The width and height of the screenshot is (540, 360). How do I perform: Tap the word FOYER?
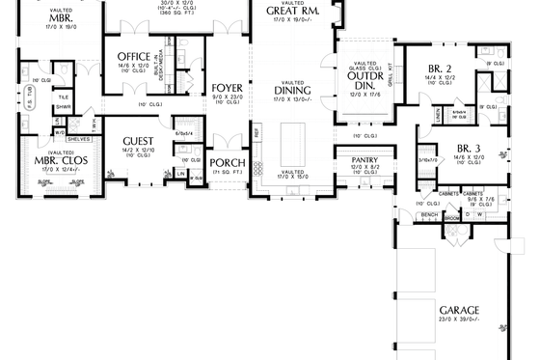point(228,88)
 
